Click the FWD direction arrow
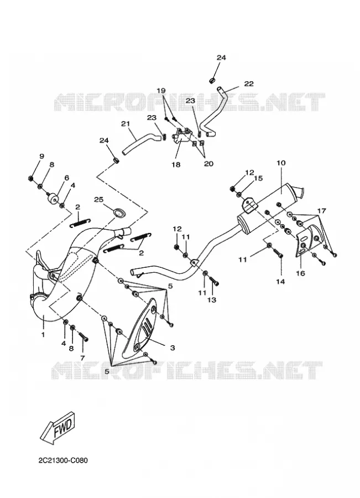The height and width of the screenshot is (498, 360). coord(59,427)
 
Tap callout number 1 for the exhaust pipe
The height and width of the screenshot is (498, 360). coord(43,334)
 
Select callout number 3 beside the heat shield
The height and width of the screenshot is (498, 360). coord(173,348)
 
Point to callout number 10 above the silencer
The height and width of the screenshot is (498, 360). coord(281,163)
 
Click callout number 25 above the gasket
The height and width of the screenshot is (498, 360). coord(99,199)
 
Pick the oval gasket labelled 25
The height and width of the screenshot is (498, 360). coord(119,213)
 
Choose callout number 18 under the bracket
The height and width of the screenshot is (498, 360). coord(176,164)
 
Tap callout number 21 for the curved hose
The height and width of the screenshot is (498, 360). coord(126,123)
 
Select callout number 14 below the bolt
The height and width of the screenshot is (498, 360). coord(280,282)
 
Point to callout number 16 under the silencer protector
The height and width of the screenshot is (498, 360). coord(300,273)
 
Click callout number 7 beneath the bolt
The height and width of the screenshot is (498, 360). coord(82,358)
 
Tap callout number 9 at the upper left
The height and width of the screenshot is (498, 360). coord(41,156)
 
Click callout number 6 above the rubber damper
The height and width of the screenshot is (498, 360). coord(67,178)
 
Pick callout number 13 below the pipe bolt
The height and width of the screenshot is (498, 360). coord(212,300)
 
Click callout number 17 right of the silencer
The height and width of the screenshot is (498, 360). coord(322,211)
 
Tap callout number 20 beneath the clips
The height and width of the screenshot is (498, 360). coord(208,164)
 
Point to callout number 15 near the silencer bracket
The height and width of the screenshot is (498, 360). coord(258,178)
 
